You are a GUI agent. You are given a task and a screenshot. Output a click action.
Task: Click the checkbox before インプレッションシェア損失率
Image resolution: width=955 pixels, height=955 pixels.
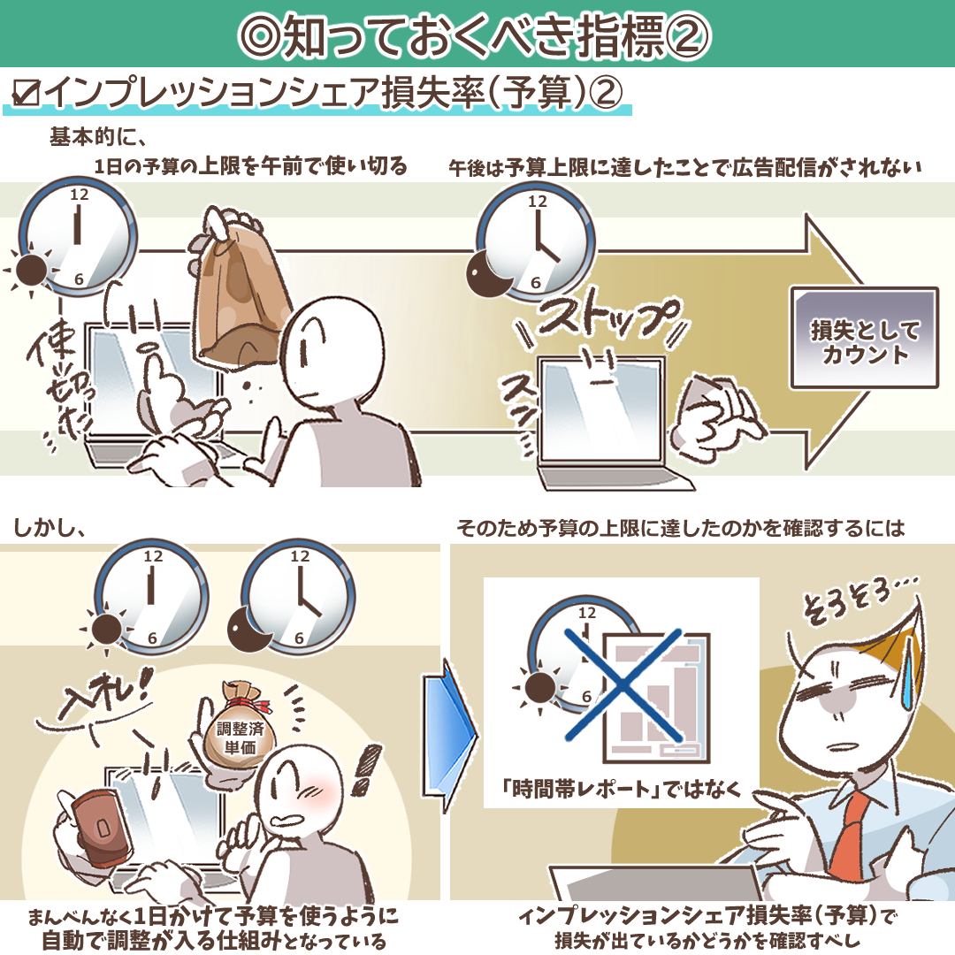[x=26, y=93]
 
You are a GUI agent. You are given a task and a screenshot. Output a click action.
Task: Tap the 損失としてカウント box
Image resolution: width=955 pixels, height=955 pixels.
[x=864, y=338]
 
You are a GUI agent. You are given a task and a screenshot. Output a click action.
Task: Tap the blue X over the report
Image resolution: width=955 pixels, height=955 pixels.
[x=623, y=684]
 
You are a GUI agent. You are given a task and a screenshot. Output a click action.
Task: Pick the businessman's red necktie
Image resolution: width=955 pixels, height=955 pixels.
[x=850, y=836]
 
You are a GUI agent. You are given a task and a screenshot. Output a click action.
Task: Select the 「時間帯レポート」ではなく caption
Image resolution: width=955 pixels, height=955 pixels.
[x=622, y=790]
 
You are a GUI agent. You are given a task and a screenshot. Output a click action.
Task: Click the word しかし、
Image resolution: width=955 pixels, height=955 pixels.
[x=50, y=527]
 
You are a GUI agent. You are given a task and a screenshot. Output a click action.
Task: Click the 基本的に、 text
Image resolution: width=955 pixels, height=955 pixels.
[x=98, y=136]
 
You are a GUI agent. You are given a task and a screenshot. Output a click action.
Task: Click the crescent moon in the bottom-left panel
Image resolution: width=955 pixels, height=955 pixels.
[x=249, y=630]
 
